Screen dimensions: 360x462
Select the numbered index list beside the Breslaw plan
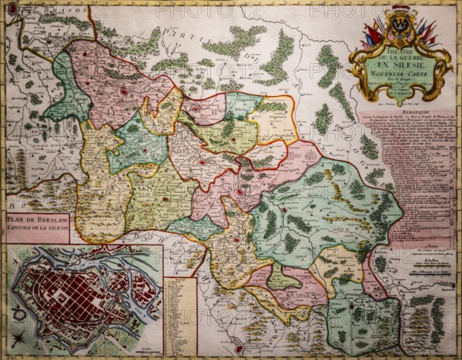click(x=179, y=315)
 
